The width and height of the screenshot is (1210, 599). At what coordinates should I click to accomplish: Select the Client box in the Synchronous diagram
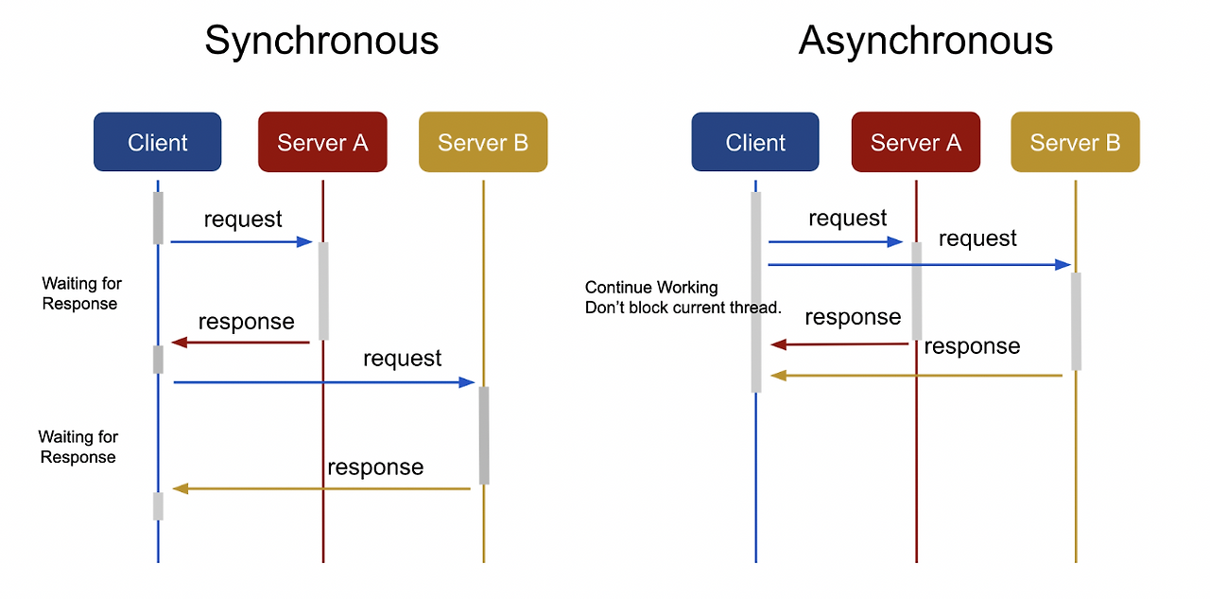pos(157,142)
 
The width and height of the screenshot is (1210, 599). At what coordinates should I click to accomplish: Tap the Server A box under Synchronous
pos(322,142)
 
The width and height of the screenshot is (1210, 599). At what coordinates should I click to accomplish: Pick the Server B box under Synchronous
pos(483,142)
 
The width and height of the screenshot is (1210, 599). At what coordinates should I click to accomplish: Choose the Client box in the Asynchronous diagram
pos(755,142)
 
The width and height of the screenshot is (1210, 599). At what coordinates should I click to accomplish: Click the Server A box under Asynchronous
pos(916,142)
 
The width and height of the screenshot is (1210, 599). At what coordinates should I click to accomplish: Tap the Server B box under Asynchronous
pos(1075,142)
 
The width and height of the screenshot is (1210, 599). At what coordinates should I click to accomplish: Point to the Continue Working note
pos(683,297)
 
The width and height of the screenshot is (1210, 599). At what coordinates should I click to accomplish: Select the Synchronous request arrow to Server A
pos(241,241)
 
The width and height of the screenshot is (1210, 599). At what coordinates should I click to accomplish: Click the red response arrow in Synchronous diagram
pos(240,343)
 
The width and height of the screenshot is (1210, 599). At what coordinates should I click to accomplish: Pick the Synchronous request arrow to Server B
pos(324,382)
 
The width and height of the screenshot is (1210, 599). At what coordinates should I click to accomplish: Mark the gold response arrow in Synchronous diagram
pos(321,488)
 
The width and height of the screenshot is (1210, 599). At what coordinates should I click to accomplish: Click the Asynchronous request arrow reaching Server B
pos(920,264)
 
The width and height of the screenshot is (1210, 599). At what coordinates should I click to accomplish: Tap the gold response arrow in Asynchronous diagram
pos(916,375)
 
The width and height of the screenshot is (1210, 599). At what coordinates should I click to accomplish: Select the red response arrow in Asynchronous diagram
pos(839,344)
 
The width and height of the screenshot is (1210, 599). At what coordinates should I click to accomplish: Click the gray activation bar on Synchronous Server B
pos(484,435)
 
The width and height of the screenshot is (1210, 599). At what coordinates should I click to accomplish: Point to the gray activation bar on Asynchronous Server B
pos(1076,321)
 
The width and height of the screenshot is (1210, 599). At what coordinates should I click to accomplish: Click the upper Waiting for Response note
pos(81,293)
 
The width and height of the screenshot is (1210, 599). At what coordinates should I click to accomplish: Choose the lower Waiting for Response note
pos(78,447)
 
